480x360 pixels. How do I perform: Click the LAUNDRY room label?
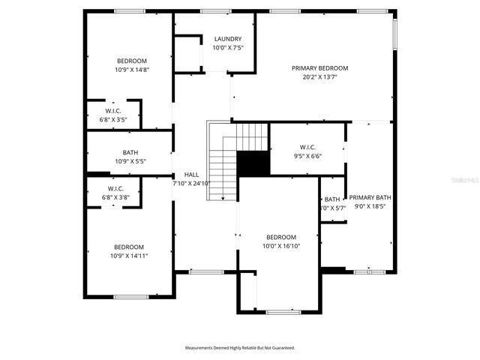click(x=228, y=39)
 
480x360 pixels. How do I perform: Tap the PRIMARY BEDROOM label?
click(x=319, y=68)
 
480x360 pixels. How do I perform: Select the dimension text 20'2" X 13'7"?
click(x=319, y=76)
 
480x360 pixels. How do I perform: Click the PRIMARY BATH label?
click(x=370, y=198)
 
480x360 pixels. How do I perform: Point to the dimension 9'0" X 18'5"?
click(x=370, y=207)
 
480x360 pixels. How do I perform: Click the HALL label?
click(x=191, y=175)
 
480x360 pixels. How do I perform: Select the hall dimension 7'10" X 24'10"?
click(x=191, y=183)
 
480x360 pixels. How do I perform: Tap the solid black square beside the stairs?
click(x=253, y=163)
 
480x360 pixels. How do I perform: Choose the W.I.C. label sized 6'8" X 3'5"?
click(x=113, y=111)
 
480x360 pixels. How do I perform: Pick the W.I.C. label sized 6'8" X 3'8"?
click(x=115, y=189)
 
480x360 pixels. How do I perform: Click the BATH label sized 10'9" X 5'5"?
click(x=130, y=153)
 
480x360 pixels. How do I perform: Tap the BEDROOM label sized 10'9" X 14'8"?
click(x=131, y=61)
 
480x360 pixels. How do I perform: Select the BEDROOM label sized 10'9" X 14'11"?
click(x=129, y=247)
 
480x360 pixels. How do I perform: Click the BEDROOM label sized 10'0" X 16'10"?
click(x=281, y=237)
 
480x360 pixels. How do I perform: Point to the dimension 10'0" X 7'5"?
click(x=228, y=48)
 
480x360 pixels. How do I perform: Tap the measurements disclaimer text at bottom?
click(x=240, y=348)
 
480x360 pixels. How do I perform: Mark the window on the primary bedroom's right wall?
click(x=394, y=34)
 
